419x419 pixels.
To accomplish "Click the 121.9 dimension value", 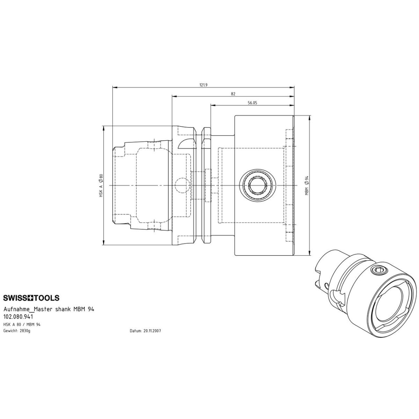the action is click(203, 85).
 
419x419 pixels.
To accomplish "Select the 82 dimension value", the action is click(233, 94).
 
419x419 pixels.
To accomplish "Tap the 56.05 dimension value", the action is click(252, 103).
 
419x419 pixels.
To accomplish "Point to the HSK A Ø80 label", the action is click(101, 185).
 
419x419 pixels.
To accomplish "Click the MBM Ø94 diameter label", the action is click(307, 185).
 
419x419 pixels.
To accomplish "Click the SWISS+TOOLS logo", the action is click(31, 298).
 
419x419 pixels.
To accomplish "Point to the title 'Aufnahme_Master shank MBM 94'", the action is click(49, 309).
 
